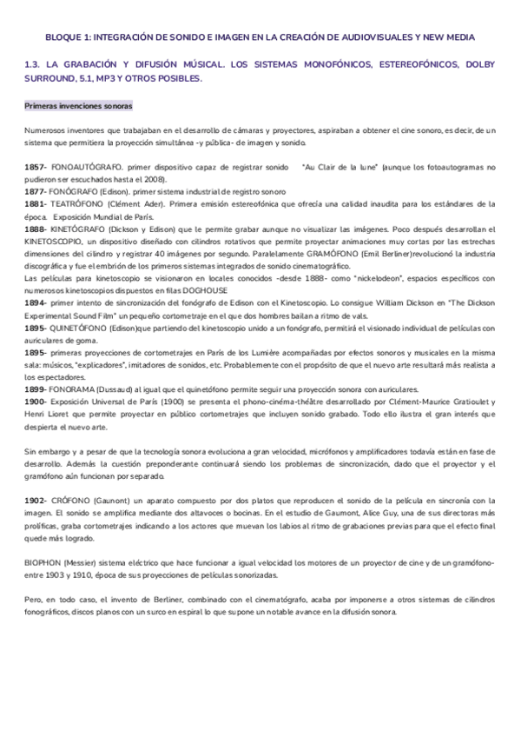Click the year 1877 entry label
(35, 191)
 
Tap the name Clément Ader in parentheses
(153, 204)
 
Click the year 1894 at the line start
(35, 302)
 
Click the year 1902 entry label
(35, 501)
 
